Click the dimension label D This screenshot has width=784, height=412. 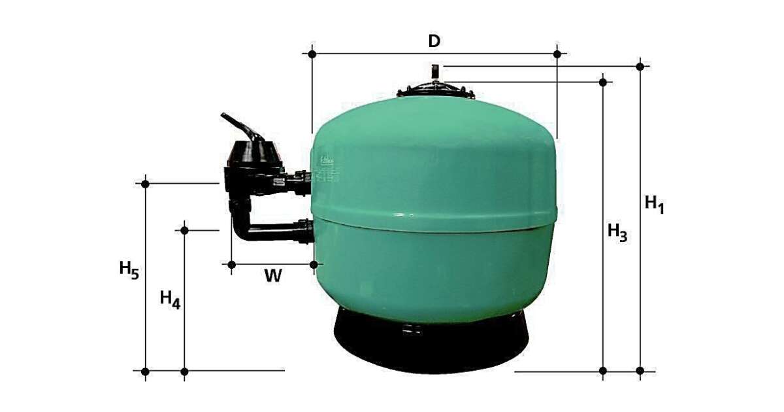click(x=434, y=41)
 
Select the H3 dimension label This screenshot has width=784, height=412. click(x=617, y=232)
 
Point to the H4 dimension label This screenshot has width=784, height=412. click(x=170, y=300)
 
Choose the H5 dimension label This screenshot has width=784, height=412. click(x=129, y=270)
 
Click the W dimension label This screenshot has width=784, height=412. click(x=273, y=276)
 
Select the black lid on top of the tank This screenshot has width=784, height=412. click(x=436, y=90)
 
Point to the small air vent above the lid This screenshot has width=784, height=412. click(x=435, y=72)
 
